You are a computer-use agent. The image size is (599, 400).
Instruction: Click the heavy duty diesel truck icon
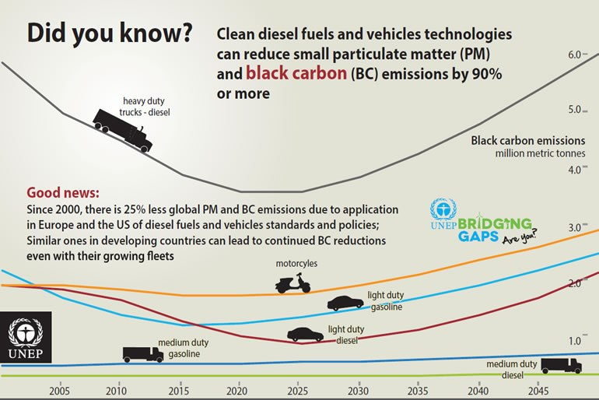point(122,131)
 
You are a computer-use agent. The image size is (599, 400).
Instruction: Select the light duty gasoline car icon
point(345,302)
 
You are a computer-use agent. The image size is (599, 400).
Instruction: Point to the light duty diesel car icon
point(305,334)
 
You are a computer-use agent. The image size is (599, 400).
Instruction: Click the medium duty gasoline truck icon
point(142,354)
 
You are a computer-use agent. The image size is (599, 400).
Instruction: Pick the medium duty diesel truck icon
point(561,365)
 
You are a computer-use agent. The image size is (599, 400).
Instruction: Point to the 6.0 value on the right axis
point(576,54)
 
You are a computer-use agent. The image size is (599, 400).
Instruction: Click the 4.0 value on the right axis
point(576,170)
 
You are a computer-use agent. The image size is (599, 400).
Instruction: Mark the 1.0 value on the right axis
point(576,341)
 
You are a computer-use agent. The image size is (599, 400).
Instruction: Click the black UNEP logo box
point(26,338)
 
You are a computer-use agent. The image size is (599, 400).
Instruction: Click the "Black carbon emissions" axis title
point(527,141)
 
